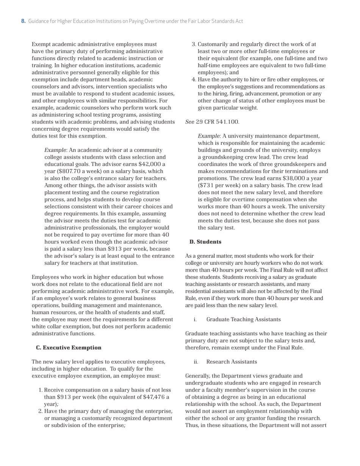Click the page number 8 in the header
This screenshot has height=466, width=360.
[x=23, y=21]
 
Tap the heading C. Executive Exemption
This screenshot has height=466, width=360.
[x=69, y=347]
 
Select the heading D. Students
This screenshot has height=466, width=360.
[x=205, y=242]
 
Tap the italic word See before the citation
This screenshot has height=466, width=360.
[x=189, y=122]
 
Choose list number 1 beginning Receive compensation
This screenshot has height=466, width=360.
[x=41, y=390]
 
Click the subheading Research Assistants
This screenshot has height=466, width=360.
[x=232, y=362]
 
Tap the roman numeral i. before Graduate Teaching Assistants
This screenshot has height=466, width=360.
[x=195, y=319]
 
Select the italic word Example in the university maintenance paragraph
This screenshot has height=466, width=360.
[x=209, y=136]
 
